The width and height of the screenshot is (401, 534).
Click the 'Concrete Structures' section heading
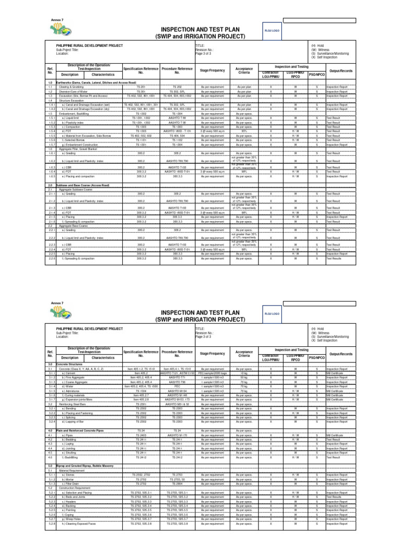70,363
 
